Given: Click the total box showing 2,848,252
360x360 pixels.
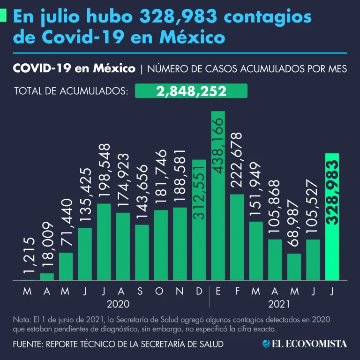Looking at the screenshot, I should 191,91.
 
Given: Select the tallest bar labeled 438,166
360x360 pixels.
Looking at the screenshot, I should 218,197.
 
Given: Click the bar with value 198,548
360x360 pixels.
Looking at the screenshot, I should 104,242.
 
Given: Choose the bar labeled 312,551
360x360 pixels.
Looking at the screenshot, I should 199,220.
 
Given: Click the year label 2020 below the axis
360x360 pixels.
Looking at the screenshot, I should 118,304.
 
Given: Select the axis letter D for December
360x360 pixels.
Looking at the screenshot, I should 199,292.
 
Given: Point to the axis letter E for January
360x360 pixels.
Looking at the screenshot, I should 218,292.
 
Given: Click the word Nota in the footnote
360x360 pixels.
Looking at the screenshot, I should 21,320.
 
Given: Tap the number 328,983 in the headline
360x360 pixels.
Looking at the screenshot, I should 178,17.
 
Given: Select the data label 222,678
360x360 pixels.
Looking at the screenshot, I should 237,161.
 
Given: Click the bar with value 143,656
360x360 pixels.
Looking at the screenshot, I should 142,253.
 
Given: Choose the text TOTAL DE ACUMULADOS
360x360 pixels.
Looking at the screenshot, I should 71,91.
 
